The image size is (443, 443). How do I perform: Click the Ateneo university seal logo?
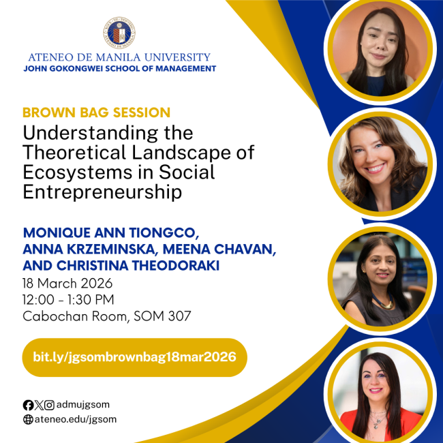[x=119, y=32]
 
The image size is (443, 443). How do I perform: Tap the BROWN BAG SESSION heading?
[x=96, y=112]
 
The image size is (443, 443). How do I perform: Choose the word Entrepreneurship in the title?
[x=102, y=192]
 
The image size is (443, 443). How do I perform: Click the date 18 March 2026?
[x=67, y=283]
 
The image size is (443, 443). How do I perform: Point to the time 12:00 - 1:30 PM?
[x=68, y=299]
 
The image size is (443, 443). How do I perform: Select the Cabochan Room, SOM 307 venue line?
[x=106, y=316]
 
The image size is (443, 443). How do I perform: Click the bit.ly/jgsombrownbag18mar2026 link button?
[x=134, y=357]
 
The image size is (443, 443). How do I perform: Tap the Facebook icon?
[x=28, y=405]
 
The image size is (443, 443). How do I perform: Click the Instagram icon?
[x=49, y=405]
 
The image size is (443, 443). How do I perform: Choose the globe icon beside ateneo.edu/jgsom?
[x=28, y=420]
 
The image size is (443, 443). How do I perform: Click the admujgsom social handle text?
[x=82, y=405]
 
